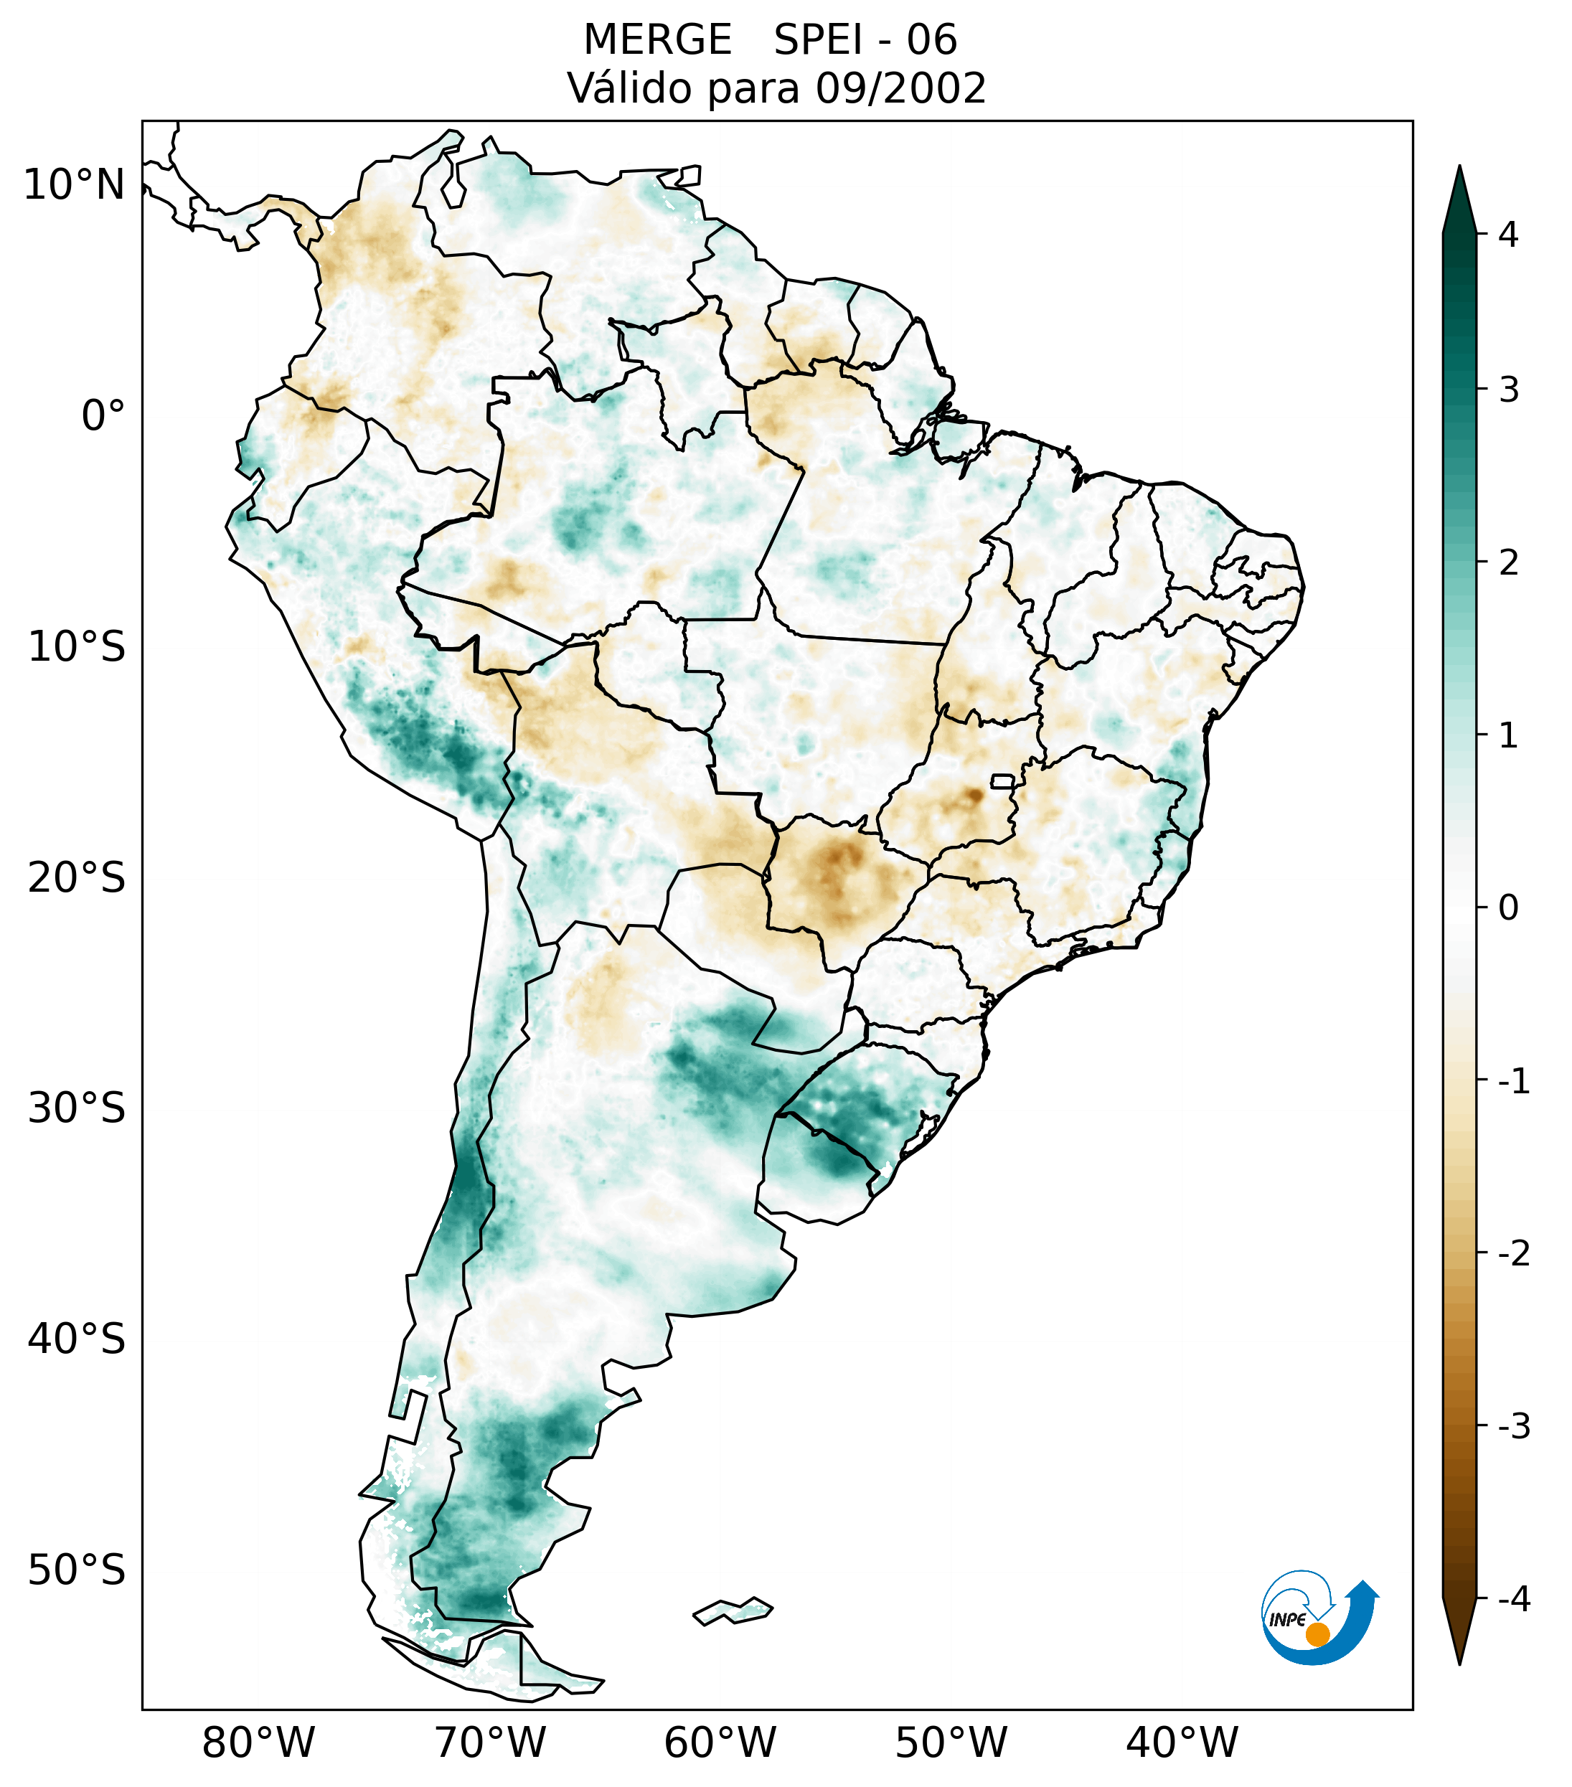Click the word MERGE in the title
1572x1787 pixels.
click(656, 40)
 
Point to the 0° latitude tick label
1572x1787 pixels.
click(103, 416)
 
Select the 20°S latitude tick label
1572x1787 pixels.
click(77, 878)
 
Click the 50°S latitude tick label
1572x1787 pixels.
click(77, 1570)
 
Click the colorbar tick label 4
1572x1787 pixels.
click(1507, 235)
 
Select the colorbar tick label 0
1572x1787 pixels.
click(1507, 908)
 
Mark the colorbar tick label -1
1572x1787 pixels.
click(1513, 1082)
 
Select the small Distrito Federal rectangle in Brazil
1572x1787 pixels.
click(1003, 781)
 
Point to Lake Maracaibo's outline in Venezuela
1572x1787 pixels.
click(452, 184)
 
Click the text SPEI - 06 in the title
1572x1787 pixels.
click(865, 40)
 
